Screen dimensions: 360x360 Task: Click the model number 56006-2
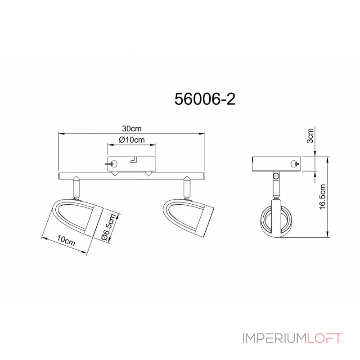click(x=205, y=99)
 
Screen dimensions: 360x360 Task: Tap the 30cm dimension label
click(x=131, y=129)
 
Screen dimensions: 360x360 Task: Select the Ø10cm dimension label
click(x=132, y=139)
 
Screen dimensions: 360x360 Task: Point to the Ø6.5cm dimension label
click(x=109, y=227)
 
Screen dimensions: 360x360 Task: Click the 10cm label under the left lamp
click(x=66, y=240)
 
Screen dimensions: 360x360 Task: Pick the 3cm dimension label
click(x=310, y=136)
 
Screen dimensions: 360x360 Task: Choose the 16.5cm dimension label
click(x=323, y=197)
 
